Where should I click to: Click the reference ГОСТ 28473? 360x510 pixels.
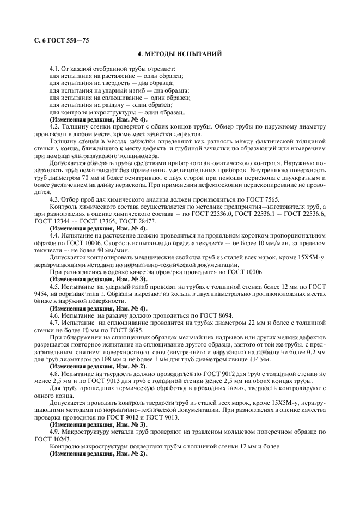click(133, 221)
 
